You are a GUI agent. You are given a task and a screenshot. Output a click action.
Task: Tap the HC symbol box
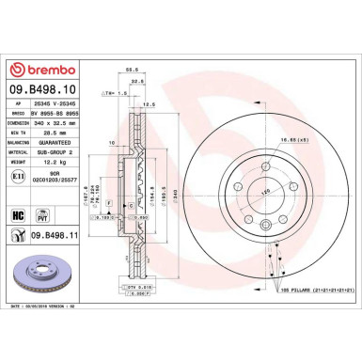click(19, 214)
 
